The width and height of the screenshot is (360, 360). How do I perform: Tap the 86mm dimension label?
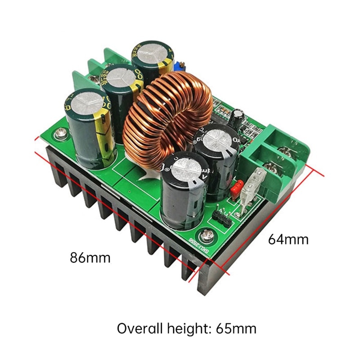(90, 258)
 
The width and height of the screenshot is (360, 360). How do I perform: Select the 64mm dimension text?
(288, 239)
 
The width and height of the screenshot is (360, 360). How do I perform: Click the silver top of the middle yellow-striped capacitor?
(119, 77)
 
